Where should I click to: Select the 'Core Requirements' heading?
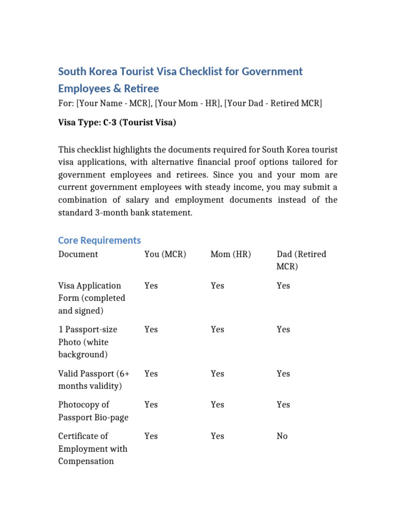coord(99,240)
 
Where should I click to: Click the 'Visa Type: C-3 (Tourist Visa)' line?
coord(117,123)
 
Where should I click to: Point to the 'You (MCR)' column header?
coord(165,254)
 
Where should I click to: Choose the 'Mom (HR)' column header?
coord(230,254)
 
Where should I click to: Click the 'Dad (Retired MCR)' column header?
coord(301,260)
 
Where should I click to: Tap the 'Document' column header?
coord(78,254)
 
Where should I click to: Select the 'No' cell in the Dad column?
coord(282,436)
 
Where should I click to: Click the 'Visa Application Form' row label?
coord(91,298)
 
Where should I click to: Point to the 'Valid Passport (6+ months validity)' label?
coord(91,379)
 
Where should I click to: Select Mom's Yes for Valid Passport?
coord(217,373)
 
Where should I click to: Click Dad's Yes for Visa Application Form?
coord(283,286)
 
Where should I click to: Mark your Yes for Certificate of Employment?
coord(151,436)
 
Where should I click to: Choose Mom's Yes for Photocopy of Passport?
coord(217,405)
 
